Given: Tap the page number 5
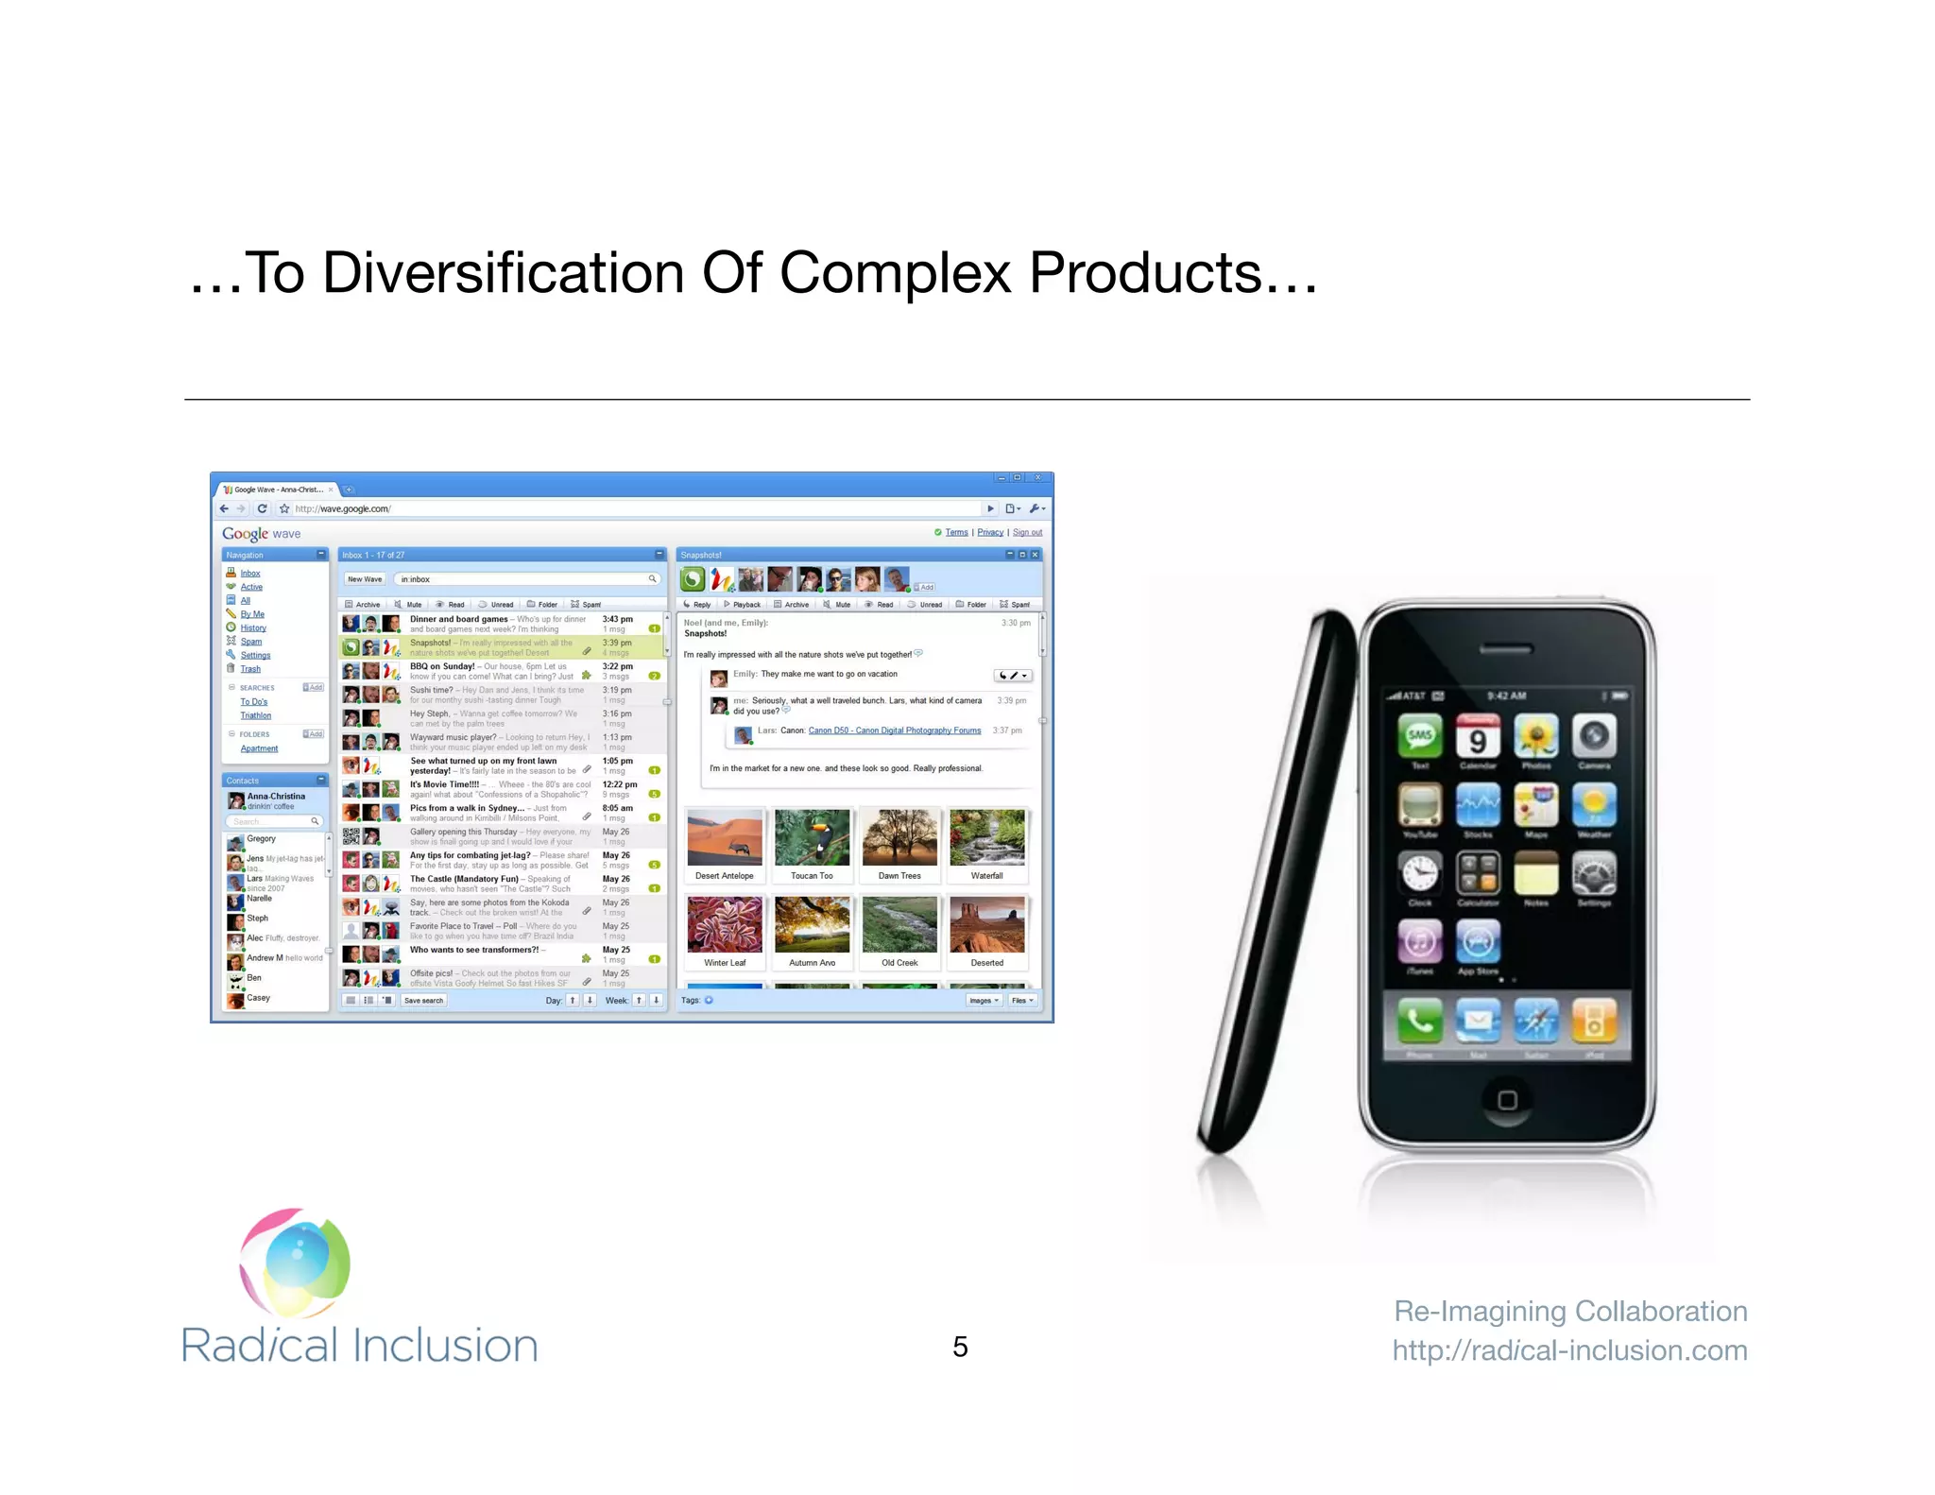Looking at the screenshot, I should tap(960, 1347).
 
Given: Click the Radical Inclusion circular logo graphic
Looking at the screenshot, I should tap(296, 1263).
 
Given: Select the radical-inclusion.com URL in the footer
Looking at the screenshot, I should tap(1569, 1350).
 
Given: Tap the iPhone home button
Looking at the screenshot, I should tap(1507, 1100).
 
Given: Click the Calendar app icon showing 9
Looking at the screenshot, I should tap(1478, 737).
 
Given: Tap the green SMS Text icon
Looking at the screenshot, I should tap(1420, 737).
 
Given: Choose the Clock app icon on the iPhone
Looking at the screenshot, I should tap(1420, 872).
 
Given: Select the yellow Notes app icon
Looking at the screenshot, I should tap(1536, 872).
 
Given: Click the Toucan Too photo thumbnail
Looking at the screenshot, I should tap(812, 838).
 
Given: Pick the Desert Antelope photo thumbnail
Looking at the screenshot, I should tap(725, 838).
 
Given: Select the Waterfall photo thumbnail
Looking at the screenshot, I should tap(986, 838).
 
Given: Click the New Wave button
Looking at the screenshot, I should tap(365, 579).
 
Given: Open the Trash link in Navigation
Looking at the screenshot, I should tap(250, 669).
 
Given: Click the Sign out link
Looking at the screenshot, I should tap(1027, 533).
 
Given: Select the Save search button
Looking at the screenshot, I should tap(423, 1001).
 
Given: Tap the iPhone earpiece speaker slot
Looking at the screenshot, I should tap(1506, 649).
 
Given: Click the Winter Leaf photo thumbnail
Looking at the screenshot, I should tap(725, 925).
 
